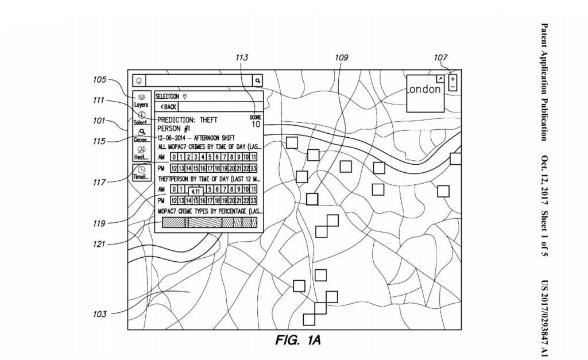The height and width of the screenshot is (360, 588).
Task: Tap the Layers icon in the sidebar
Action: pyautogui.click(x=141, y=100)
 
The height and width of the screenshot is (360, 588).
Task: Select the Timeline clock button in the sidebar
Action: pyautogui.click(x=141, y=172)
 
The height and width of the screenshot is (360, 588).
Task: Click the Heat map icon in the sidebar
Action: pyautogui.click(x=141, y=153)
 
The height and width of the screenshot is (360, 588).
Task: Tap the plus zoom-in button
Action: pyautogui.click(x=453, y=79)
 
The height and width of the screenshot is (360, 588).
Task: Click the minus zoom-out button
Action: pyautogui.click(x=453, y=87)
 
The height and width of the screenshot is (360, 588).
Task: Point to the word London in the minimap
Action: pyautogui.click(x=424, y=90)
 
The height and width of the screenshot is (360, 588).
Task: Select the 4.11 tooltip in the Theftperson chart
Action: pyautogui.click(x=195, y=191)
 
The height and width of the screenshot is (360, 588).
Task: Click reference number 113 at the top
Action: pyautogui.click(x=242, y=57)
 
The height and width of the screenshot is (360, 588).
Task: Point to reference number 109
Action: pyautogui.click(x=342, y=57)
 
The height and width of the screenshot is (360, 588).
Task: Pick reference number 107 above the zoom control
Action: pyautogui.click(x=441, y=57)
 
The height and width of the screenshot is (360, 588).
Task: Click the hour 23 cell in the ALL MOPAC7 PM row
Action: pyautogui.click(x=253, y=168)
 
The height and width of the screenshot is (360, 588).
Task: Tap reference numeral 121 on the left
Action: pyautogui.click(x=100, y=244)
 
